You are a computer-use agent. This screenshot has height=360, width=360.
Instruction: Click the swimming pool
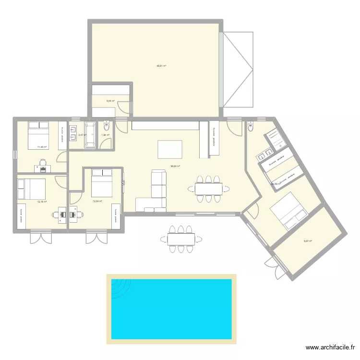tap(171, 309)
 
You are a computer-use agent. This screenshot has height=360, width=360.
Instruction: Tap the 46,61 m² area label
tap(161, 66)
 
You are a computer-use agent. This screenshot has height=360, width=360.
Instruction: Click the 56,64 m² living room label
tap(175, 167)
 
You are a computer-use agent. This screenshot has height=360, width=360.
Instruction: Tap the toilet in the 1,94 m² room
tap(106, 127)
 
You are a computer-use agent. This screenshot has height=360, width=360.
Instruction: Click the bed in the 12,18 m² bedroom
tap(32, 189)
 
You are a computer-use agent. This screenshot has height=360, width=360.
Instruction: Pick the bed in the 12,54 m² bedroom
tap(102, 182)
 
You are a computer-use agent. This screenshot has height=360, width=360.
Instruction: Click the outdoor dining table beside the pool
tap(181, 238)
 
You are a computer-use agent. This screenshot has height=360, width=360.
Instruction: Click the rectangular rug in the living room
tap(170, 149)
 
